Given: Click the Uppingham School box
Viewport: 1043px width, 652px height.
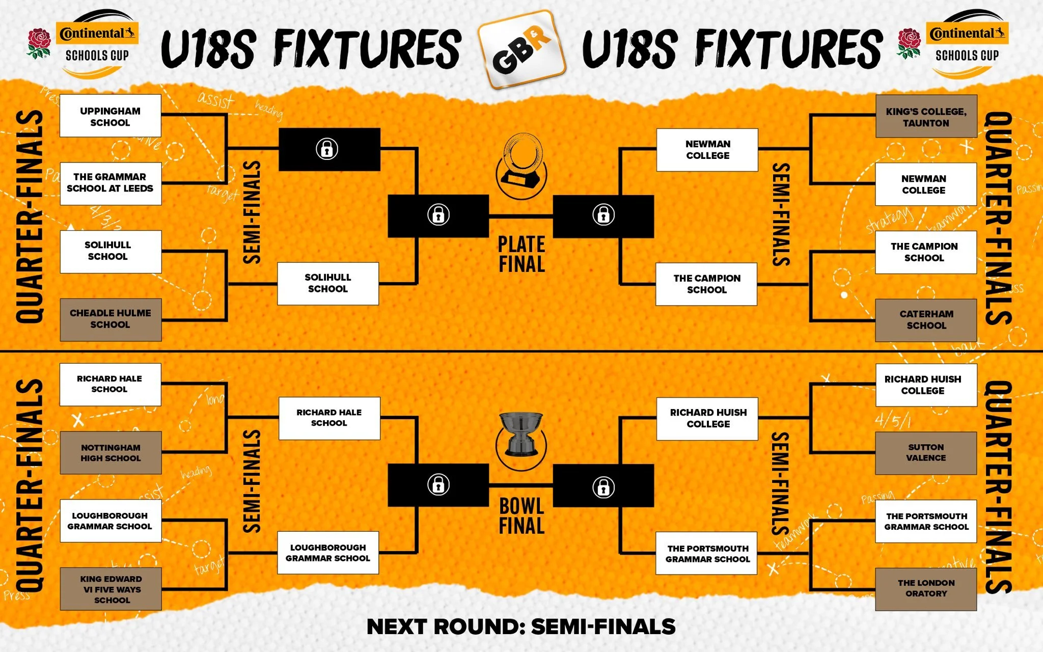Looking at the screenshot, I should [110, 116].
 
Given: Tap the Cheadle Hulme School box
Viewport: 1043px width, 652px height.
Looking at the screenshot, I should [111, 319].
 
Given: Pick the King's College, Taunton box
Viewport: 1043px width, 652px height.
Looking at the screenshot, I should [926, 117].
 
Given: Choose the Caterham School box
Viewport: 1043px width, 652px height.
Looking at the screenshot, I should [926, 320].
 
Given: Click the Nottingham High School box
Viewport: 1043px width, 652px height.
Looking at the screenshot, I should [111, 453].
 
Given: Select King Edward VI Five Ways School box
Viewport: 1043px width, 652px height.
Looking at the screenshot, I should [111, 589].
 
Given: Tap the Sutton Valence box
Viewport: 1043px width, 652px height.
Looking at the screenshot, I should [926, 453].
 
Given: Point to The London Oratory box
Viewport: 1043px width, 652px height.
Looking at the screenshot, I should [926, 589].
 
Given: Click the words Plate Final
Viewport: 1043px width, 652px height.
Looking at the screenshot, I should [521, 254].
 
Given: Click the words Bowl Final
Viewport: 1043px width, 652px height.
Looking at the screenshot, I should [521, 515].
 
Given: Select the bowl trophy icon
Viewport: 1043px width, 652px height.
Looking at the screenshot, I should [521, 436].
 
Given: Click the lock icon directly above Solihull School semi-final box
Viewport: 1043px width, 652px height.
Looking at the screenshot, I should [327, 149].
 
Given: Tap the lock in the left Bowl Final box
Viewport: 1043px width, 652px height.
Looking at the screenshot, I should [438, 485].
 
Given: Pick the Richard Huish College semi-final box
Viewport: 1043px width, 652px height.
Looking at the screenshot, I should [708, 419].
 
